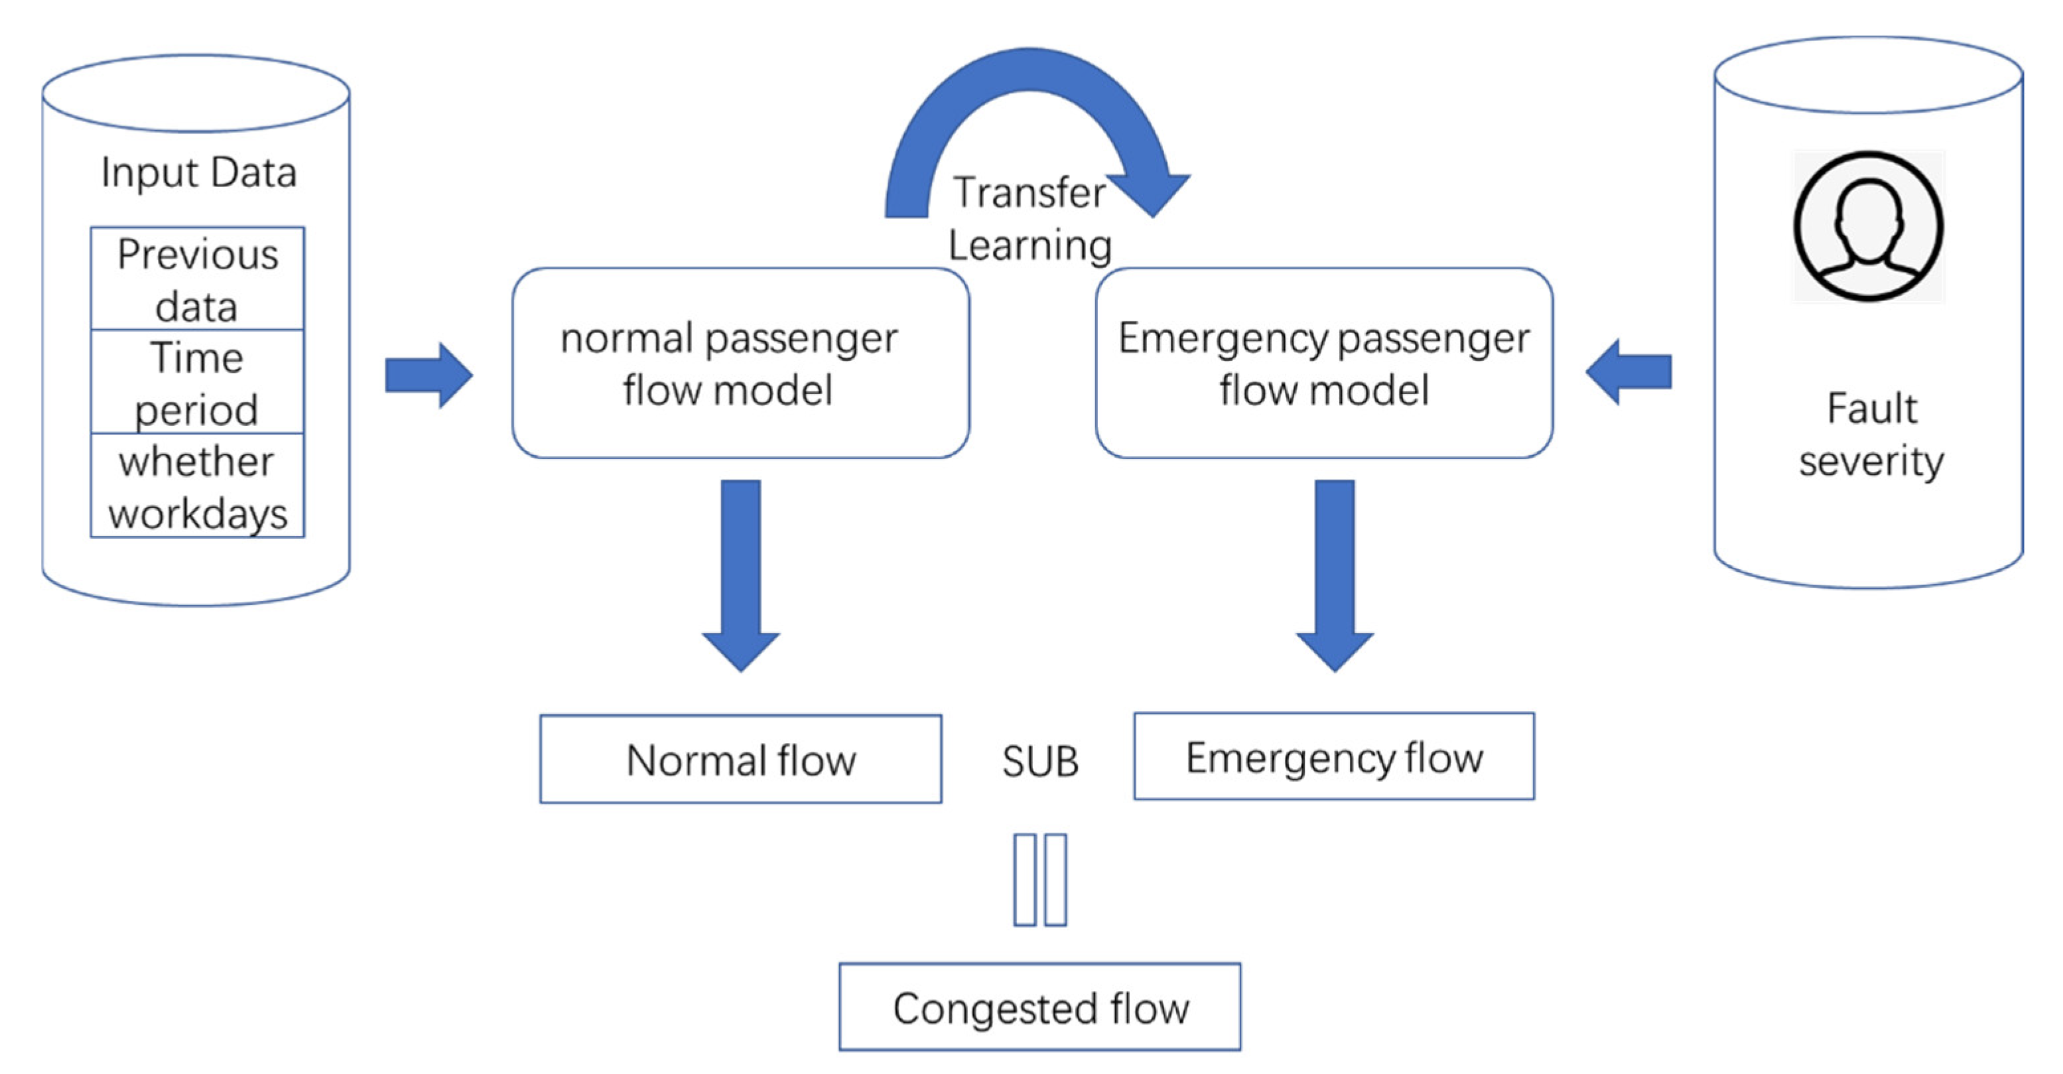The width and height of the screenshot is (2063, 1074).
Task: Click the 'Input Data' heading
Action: pos(198,172)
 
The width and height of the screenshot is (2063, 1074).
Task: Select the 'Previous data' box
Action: pos(197,279)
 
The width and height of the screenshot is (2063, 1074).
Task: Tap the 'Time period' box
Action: pos(197,382)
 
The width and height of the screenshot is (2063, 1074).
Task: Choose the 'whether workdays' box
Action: pos(197,486)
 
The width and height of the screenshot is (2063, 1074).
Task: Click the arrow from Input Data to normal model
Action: pos(429,375)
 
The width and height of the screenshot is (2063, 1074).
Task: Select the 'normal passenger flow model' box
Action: pos(741,363)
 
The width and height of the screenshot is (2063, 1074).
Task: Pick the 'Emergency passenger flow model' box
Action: pos(1324,363)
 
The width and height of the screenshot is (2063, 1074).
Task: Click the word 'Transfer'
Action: pos(1029,193)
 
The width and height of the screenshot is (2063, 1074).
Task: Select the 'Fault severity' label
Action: pos(1871,435)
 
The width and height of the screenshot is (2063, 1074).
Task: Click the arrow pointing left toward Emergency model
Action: pos(1629,371)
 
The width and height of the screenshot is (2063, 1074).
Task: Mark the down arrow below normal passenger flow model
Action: pos(741,572)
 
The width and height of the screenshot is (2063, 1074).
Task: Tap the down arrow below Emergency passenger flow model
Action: pos(1334,572)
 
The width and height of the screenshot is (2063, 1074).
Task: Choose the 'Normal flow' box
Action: pos(741,760)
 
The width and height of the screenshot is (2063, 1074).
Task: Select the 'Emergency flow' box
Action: pos(1334,757)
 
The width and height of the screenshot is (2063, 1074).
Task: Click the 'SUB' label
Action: pos(1039,762)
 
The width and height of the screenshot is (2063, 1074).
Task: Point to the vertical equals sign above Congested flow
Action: pos(1039,880)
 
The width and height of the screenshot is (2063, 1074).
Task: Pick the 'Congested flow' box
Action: pos(1039,1007)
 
